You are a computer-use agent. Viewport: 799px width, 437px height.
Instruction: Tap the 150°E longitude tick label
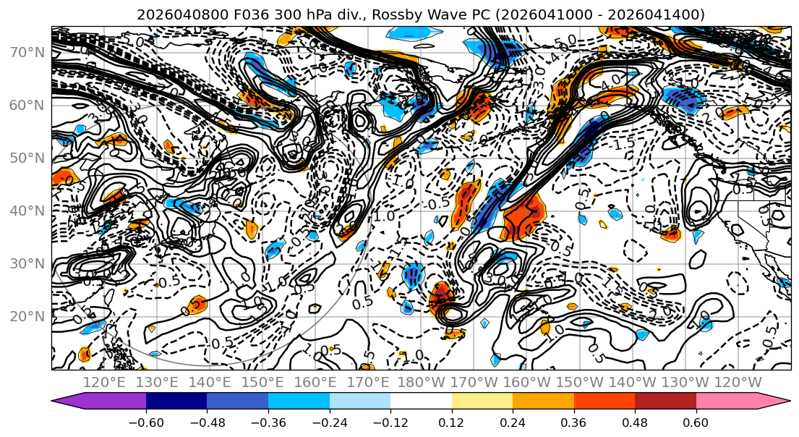click(263, 382)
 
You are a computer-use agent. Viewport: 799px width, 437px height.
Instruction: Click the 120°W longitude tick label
click(738, 382)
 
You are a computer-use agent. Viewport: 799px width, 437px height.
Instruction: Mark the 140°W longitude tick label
click(633, 382)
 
